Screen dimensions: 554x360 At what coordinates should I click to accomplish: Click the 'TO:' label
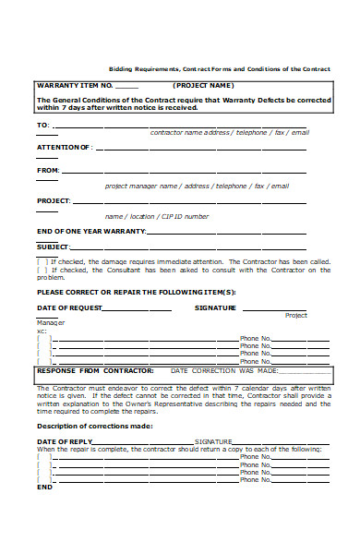click(x=42, y=125)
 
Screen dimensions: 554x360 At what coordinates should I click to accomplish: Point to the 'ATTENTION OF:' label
click(x=64, y=147)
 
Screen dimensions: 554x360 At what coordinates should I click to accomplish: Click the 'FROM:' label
click(x=48, y=170)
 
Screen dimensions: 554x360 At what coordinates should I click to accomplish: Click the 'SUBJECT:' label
click(x=53, y=247)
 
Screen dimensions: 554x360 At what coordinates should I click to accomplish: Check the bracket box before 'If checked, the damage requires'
click(x=41, y=261)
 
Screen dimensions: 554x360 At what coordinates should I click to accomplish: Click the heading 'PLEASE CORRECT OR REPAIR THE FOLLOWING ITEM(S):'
click(x=136, y=292)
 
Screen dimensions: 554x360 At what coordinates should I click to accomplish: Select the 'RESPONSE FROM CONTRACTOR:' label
click(x=87, y=370)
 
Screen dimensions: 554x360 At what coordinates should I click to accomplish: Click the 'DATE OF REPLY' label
click(x=65, y=441)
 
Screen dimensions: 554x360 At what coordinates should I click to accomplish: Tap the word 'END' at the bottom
click(x=44, y=487)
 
